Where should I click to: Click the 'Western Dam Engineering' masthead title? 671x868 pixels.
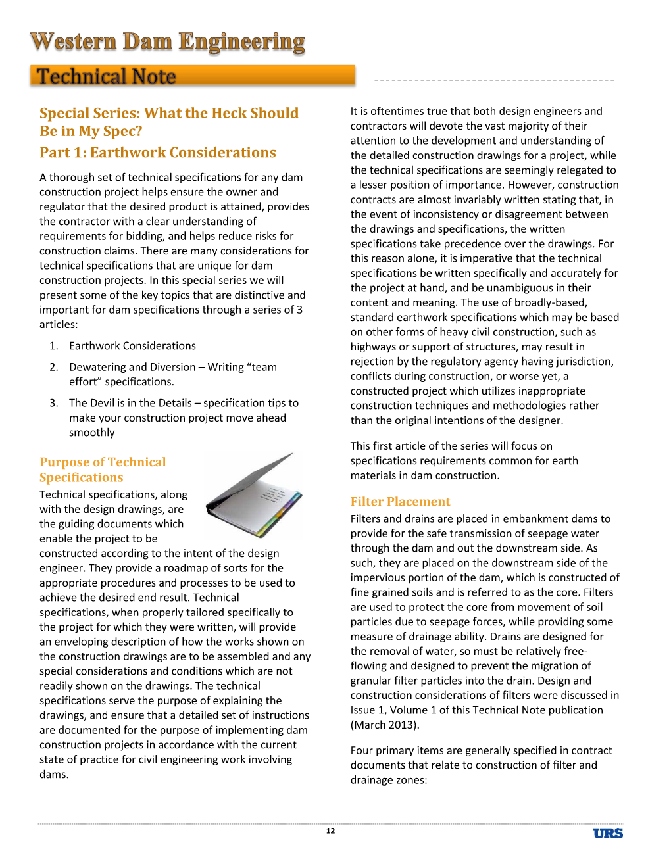168,41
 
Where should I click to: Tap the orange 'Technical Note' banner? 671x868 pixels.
192,76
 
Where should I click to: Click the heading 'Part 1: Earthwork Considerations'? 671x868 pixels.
158,153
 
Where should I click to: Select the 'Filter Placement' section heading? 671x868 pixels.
400,502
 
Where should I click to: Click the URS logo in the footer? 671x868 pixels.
608,833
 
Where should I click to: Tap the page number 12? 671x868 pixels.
330,831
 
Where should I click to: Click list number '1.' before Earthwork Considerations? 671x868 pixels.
54,346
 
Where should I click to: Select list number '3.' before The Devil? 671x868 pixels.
54,403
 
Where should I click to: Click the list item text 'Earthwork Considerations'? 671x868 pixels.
132,346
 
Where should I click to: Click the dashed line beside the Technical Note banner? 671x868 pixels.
493,80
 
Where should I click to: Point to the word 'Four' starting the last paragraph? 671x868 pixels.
362,750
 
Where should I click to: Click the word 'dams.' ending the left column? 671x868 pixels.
54,775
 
